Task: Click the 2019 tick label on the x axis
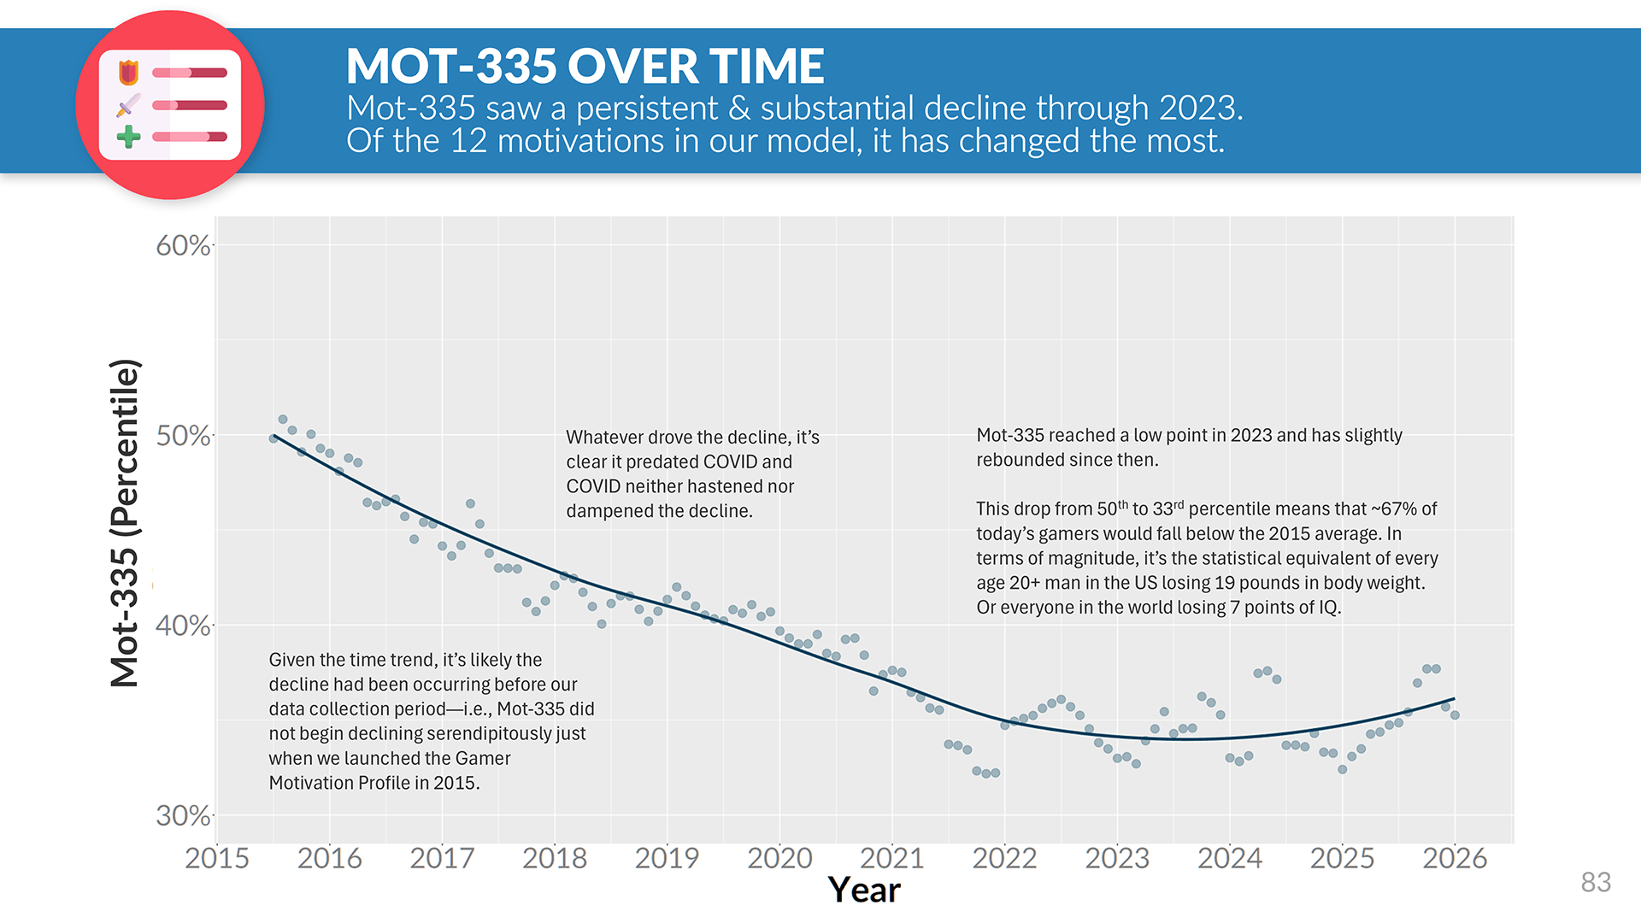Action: click(x=667, y=858)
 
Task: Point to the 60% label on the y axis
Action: click(x=183, y=245)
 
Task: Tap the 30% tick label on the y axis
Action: click(x=183, y=815)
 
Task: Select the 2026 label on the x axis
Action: click(x=1455, y=858)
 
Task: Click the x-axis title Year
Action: click(x=864, y=891)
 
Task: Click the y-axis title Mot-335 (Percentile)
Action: click(x=125, y=523)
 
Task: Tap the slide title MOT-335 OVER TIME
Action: click(x=585, y=66)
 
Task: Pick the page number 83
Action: click(x=1596, y=882)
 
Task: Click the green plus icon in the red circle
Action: click(x=128, y=137)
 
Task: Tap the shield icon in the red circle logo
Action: click(x=128, y=73)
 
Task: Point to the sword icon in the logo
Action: click(x=128, y=105)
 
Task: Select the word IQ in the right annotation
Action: click(x=1328, y=608)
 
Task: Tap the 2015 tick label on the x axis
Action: click(x=217, y=858)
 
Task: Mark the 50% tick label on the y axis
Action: click(x=183, y=436)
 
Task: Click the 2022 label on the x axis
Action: click(x=1004, y=858)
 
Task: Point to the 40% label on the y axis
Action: click(x=183, y=626)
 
